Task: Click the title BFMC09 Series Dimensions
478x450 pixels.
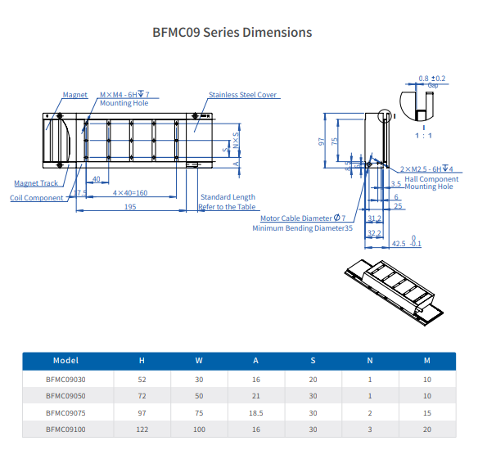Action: pos(232,33)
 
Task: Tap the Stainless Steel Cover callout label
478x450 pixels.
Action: pos(243,95)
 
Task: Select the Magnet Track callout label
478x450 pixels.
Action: pos(36,183)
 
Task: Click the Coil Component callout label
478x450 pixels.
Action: pos(36,198)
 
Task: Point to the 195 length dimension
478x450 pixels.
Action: pos(130,207)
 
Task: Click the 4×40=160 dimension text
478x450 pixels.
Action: pos(130,193)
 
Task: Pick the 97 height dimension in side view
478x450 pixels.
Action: pos(322,141)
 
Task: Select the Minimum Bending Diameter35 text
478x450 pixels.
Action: pos(302,228)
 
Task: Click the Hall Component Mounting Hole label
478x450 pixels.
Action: pos(431,182)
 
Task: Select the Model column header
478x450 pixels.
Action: pos(65,360)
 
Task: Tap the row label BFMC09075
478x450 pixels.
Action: pos(65,412)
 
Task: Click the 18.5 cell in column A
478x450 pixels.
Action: pos(256,412)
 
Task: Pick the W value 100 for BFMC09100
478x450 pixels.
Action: pos(199,428)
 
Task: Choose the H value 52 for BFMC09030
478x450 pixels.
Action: pos(142,379)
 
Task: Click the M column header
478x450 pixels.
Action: pos(426,360)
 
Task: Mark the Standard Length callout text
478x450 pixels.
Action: pos(228,197)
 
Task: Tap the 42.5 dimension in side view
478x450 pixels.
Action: pos(399,244)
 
